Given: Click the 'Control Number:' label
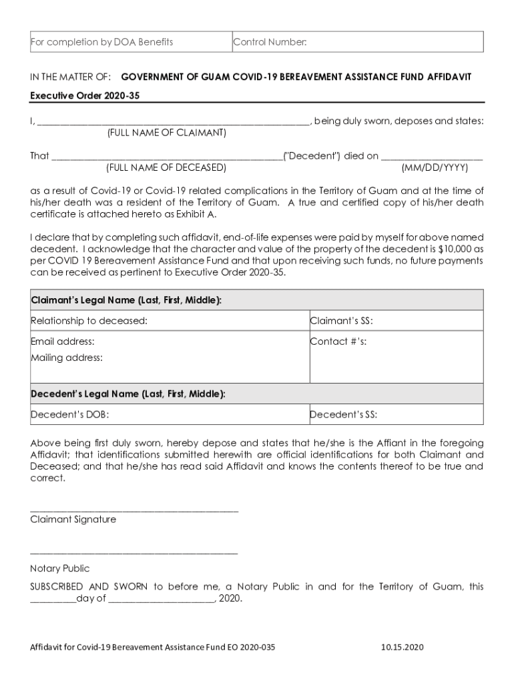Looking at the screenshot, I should [x=270, y=42].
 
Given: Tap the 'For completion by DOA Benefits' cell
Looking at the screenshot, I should [x=102, y=42].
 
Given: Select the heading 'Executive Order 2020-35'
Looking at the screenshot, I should [x=85, y=95].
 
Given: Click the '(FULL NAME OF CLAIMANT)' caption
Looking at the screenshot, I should [x=167, y=133].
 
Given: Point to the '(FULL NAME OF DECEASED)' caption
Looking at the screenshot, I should [x=166, y=167].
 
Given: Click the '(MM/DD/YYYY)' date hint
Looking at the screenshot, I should [x=435, y=167].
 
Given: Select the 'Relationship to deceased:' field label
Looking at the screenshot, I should [x=89, y=321].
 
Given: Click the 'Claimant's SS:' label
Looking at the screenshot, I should [x=341, y=321].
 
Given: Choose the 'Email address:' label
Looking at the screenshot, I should [x=63, y=341].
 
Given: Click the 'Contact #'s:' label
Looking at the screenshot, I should [x=338, y=341].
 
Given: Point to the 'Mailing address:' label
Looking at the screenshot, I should [x=67, y=358].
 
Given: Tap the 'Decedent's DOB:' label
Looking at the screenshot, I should [x=70, y=414].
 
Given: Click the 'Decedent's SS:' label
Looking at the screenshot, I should [x=343, y=414].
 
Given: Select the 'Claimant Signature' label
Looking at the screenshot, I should [x=73, y=519].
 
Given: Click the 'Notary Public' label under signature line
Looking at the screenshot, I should [x=59, y=568].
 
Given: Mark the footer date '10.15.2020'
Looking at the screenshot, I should [x=402, y=647].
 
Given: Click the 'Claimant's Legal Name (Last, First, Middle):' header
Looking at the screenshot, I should [x=126, y=300].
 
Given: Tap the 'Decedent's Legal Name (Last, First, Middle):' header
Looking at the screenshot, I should [x=128, y=394].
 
